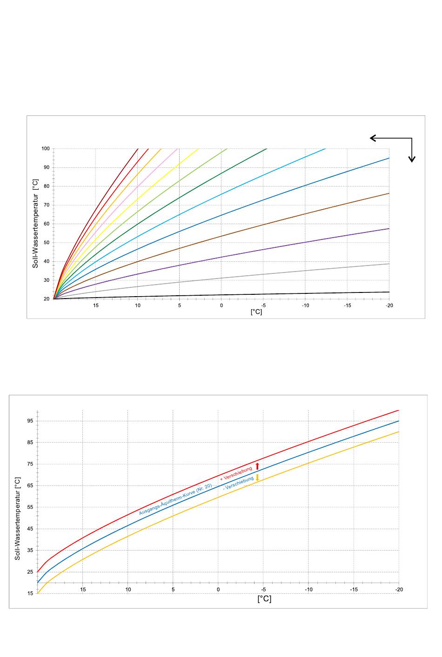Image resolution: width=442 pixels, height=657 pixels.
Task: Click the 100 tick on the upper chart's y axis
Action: click(46, 149)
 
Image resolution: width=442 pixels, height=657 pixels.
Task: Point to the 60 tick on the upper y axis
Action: click(47, 224)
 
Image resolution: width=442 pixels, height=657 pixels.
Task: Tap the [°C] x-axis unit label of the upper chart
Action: click(256, 312)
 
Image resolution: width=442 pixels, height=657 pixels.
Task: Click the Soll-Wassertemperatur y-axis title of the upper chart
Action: click(35, 224)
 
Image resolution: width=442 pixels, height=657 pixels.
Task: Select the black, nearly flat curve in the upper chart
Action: click(279, 293)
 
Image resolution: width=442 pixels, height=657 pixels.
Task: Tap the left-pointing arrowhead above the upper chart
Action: click(373, 138)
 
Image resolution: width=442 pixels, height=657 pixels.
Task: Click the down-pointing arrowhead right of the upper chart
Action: click(412, 159)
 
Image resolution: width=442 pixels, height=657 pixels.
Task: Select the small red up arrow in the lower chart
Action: click(257, 466)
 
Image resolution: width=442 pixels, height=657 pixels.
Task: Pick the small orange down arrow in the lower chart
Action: click(257, 478)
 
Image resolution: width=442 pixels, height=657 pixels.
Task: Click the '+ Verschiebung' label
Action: click(236, 472)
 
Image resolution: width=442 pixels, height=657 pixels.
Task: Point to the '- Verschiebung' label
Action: click(238, 483)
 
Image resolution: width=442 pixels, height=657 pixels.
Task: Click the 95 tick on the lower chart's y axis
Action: click(30, 421)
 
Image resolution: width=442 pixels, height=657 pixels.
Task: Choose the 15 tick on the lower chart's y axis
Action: click(30, 593)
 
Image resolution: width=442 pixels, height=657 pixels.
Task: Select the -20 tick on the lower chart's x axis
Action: click(399, 590)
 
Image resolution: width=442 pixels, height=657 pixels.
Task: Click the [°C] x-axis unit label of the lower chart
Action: click(264, 599)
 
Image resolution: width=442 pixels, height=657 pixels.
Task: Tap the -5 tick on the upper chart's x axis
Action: click(263, 305)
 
